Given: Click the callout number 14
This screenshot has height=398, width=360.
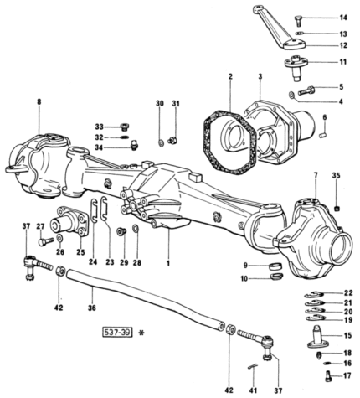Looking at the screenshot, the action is (343, 18).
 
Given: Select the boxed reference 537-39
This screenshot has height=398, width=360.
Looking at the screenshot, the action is (117, 333).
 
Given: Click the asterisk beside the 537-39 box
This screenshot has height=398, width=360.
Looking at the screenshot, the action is (142, 333).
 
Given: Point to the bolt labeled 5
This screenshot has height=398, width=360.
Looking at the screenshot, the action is (306, 90).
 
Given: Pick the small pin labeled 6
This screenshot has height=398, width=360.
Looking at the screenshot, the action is (323, 135).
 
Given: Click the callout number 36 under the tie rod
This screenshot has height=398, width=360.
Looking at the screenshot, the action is (92, 308).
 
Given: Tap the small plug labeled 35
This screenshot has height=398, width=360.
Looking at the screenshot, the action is (337, 208).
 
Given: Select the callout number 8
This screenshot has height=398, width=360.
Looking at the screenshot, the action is (39, 102).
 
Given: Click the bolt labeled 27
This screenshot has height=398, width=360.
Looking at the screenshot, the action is (45, 241).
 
